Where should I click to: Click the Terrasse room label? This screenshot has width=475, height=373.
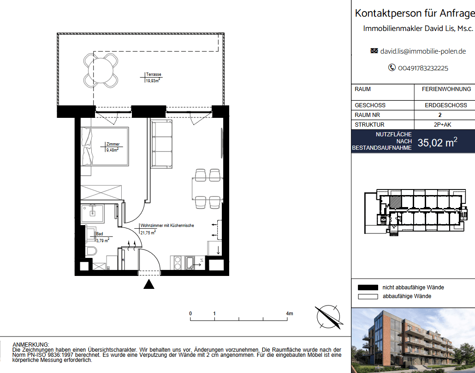(x=153, y=74)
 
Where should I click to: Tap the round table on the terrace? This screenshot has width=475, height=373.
(x=101, y=70)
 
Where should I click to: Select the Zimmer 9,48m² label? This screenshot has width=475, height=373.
(x=113, y=147)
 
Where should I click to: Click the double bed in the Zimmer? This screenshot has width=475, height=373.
(x=105, y=146)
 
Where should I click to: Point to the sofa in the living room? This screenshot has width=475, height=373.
(x=162, y=144)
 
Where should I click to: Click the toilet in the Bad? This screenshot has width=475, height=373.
(x=91, y=251)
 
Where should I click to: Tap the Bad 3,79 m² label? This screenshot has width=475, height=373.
(x=102, y=237)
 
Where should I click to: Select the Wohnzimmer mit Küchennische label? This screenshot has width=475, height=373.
(x=167, y=226)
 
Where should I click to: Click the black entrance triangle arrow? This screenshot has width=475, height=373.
(x=149, y=284)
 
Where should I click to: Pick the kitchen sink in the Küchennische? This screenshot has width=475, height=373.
(x=190, y=263)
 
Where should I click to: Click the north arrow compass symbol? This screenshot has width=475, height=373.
(x=329, y=317)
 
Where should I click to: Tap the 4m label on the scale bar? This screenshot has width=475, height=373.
(x=289, y=313)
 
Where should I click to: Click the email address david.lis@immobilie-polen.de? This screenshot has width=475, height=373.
(x=423, y=51)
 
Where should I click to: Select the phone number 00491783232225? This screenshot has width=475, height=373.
(x=423, y=68)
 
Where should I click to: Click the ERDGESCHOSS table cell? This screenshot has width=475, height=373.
(x=445, y=105)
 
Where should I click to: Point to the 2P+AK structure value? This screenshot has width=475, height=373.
(x=442, y=125)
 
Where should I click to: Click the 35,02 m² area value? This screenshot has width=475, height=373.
(x=438, y=142)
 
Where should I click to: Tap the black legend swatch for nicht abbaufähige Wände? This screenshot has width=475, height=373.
(x=368, y=287)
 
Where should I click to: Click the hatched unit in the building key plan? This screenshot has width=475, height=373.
(x=396, y=202)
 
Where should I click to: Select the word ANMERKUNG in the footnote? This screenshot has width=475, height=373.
(x=30, y=345)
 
